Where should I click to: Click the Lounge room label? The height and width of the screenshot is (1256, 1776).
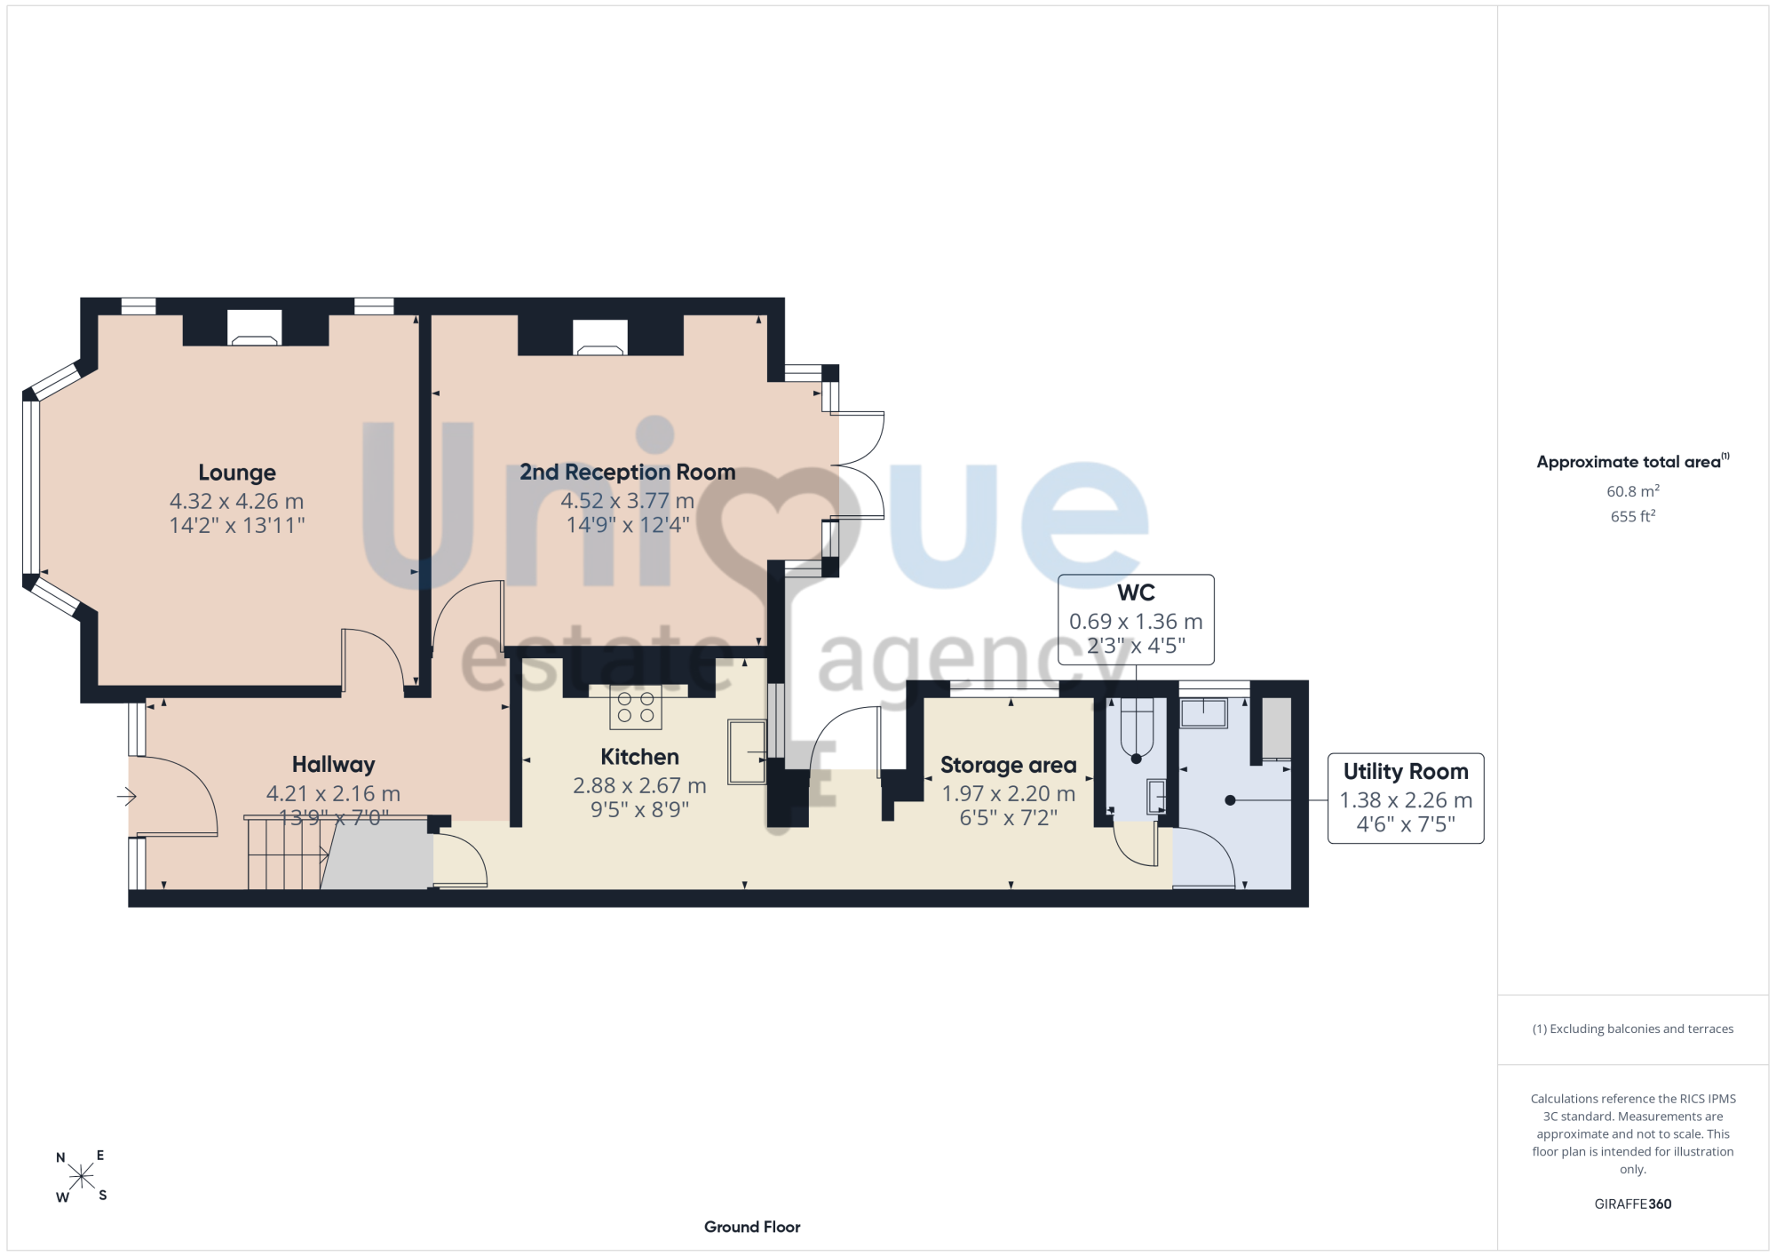click(x=237, y=473)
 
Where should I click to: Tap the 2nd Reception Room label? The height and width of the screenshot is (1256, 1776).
click(x=627, y=472)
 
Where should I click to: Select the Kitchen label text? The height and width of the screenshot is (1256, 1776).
click(x=639, y=757)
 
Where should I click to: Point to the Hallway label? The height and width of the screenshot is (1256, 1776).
click(x=333, y=765)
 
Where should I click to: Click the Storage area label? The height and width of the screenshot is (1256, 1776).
click(x=1008, y=765)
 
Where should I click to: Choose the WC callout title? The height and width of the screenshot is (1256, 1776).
click(x=1136, y=592)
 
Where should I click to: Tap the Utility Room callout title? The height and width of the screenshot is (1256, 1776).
click(x=1406, y=771)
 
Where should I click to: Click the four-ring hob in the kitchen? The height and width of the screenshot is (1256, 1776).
click(x=636, y=707)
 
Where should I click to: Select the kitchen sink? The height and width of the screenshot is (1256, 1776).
click(x=747, y=751)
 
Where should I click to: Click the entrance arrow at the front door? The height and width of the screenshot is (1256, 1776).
click(x=126, y=797)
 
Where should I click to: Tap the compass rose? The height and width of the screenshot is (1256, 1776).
click(x=81, y=1177)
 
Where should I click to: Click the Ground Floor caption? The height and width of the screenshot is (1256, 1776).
click(x=752, y=1227)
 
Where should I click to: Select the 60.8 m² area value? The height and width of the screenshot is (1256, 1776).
click(x=1632, y=490)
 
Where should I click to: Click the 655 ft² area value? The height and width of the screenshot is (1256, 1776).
click(x=1632, y=516)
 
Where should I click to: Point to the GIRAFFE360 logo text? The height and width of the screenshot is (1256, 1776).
click(x=1632, y=1204)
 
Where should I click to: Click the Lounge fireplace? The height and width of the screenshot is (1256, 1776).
click(x=255, y=328)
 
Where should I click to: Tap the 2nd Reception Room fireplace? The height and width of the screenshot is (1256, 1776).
click(x=600, y=338)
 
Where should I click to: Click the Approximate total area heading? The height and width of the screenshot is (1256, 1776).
click(x=1632, y=461)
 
